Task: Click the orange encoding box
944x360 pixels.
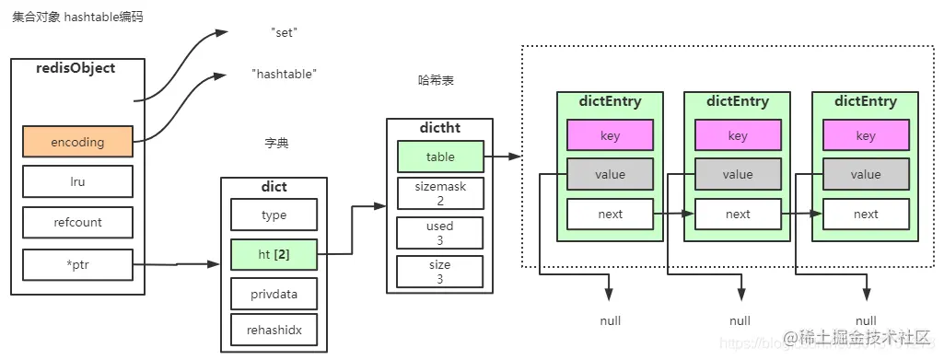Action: [77, 142]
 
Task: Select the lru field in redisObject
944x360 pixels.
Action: [77, 182]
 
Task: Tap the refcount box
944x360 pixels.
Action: [77, 222]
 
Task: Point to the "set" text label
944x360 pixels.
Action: [285, 32]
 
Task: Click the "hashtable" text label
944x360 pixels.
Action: [284, 74]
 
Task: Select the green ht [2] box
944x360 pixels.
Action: [274, 254]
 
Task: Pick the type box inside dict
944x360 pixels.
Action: [274, 215]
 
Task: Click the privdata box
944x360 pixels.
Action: [274, 294]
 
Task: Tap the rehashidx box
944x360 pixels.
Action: [274, 329]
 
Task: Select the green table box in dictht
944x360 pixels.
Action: [439, 157]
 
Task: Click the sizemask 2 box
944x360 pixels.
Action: [439, 193]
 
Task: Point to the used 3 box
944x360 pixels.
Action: [439, 232]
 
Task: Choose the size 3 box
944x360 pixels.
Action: [439, 272]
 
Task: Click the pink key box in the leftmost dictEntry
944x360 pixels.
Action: [610, 135]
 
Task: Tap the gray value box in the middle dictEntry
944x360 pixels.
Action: [738, 174]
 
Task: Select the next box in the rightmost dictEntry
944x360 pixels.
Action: [866, 214]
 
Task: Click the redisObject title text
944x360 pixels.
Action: [77, 68]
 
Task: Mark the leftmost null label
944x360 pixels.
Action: [610, 320]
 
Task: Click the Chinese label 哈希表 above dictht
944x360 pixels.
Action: [436, 80]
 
